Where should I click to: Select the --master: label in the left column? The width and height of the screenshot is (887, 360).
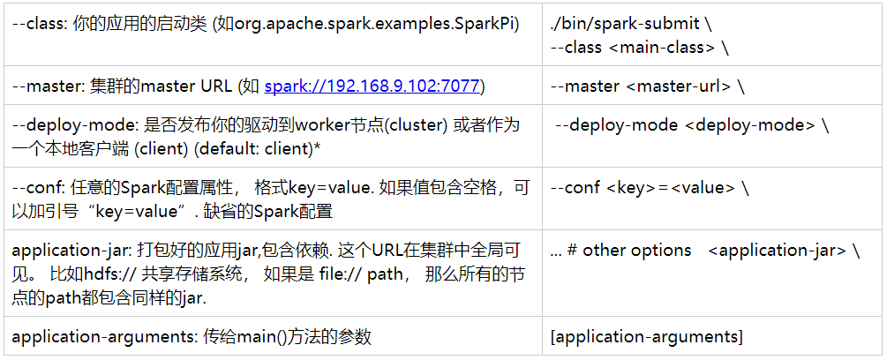(45, 86)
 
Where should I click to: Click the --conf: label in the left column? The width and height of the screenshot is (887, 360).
(38, 188)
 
